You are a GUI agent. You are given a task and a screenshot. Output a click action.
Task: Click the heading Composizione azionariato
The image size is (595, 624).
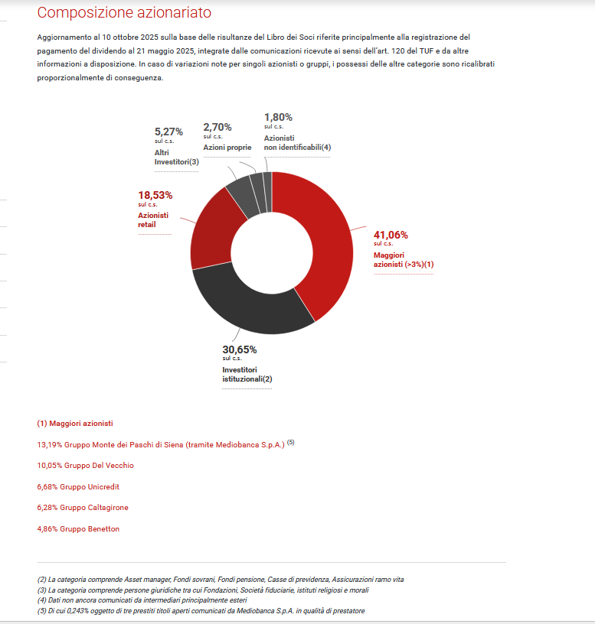(124, 13)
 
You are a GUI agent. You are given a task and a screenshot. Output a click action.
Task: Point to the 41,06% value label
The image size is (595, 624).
(391, 235)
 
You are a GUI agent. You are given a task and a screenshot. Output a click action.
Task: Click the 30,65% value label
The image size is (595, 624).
(240, 349)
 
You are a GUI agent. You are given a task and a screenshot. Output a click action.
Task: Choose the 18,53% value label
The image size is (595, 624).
(155, 195)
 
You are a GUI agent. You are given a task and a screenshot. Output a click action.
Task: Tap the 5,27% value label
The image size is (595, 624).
(168, 132)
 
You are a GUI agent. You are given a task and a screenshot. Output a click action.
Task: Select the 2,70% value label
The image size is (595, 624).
(217, 127)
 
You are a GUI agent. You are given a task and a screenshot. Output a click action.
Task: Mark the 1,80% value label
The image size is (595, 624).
(278, 117)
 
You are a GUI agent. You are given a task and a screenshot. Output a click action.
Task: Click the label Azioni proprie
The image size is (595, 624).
(227, 147)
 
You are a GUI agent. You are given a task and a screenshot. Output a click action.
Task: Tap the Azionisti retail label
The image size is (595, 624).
(153, 220)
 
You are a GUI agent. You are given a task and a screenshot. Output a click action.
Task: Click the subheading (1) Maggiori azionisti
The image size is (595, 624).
(75, 423)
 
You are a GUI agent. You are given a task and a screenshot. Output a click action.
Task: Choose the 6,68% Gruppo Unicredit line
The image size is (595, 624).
(78, 486)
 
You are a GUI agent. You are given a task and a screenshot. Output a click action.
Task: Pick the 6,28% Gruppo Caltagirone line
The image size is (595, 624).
(83, 508)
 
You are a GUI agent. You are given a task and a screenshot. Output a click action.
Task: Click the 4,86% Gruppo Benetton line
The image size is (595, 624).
(78, 528)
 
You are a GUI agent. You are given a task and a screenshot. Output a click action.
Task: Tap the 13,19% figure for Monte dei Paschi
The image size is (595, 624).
(47, 444)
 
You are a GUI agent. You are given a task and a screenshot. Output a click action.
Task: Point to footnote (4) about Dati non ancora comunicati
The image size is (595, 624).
(142, 600)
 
